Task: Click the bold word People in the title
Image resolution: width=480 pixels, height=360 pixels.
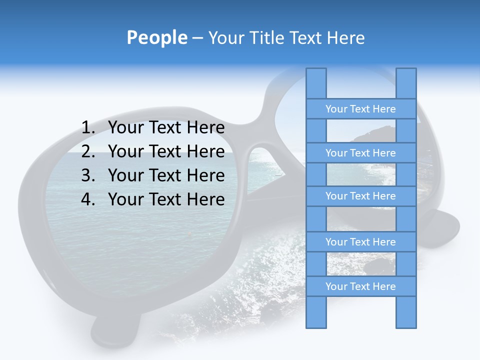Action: coord(156,38)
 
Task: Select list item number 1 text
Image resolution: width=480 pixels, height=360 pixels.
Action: coord(166,128)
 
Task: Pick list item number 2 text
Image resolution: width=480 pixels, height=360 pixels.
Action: coord(166,151)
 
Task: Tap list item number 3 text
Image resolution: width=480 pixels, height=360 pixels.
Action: coord(166,175)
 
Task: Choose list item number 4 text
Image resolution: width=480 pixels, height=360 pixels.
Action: coord(166,199)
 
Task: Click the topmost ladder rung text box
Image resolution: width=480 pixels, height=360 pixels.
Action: coord(360,109)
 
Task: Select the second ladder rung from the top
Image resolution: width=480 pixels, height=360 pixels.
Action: coord(360,153)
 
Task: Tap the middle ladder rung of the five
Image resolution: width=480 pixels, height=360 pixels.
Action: coord(360,196)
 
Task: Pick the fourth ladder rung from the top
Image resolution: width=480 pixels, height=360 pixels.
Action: coord(360,242)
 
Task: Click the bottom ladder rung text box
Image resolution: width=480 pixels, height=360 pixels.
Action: coord(360,286)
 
